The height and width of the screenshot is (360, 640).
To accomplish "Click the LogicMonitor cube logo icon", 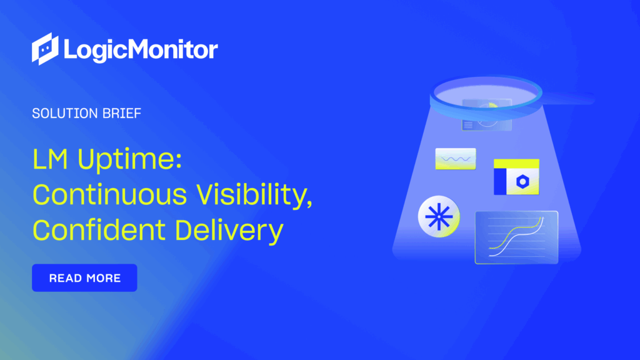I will click(45, 49).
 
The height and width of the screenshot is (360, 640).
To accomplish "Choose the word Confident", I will click(98, 231).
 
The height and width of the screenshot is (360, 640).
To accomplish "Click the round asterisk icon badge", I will click(439, 217).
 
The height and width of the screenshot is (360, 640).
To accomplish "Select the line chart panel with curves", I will click(516, 237).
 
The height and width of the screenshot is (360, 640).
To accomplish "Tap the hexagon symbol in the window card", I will click(522, 181).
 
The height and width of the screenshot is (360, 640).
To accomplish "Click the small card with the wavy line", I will click(455, 159).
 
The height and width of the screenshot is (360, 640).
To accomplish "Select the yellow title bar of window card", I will click(516, 164).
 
